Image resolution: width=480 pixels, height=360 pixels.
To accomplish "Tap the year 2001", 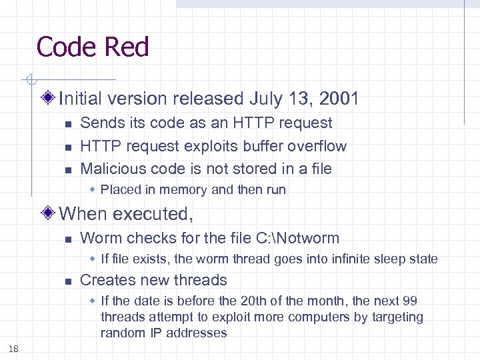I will point(339,99).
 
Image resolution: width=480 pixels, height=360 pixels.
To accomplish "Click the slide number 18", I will point(14,348).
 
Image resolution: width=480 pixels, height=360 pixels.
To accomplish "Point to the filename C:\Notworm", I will point(297,238).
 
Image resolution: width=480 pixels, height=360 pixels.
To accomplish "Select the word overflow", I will point(317,146).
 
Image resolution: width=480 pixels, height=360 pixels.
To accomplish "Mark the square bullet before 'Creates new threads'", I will point(67,281).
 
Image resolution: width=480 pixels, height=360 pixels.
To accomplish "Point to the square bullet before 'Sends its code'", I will point(67,124).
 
